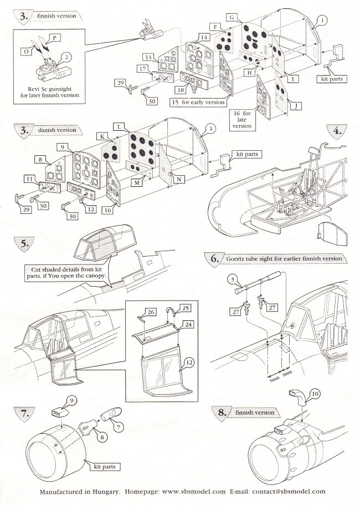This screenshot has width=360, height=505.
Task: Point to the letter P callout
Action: point(54,38)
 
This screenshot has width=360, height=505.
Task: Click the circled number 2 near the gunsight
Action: point(67,57)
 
